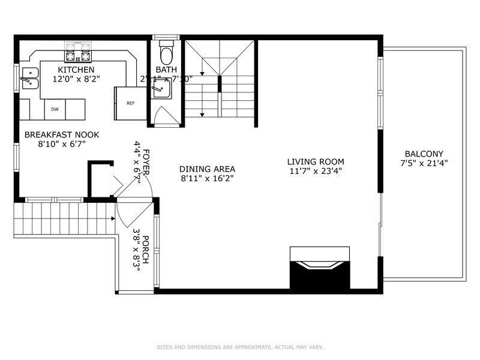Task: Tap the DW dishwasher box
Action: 55,109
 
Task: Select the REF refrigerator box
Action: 130,103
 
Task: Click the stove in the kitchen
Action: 77,52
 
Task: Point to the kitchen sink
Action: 28,78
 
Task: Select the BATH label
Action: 166,70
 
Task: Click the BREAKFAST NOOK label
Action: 62,135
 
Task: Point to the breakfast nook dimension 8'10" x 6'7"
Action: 62,145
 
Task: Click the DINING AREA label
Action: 208,169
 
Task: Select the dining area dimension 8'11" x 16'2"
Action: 208,179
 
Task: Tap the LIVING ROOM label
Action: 315,161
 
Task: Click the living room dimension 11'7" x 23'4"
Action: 315,171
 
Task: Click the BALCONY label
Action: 424,154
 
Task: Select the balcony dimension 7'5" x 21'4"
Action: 424,163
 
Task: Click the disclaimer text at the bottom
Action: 239,347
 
